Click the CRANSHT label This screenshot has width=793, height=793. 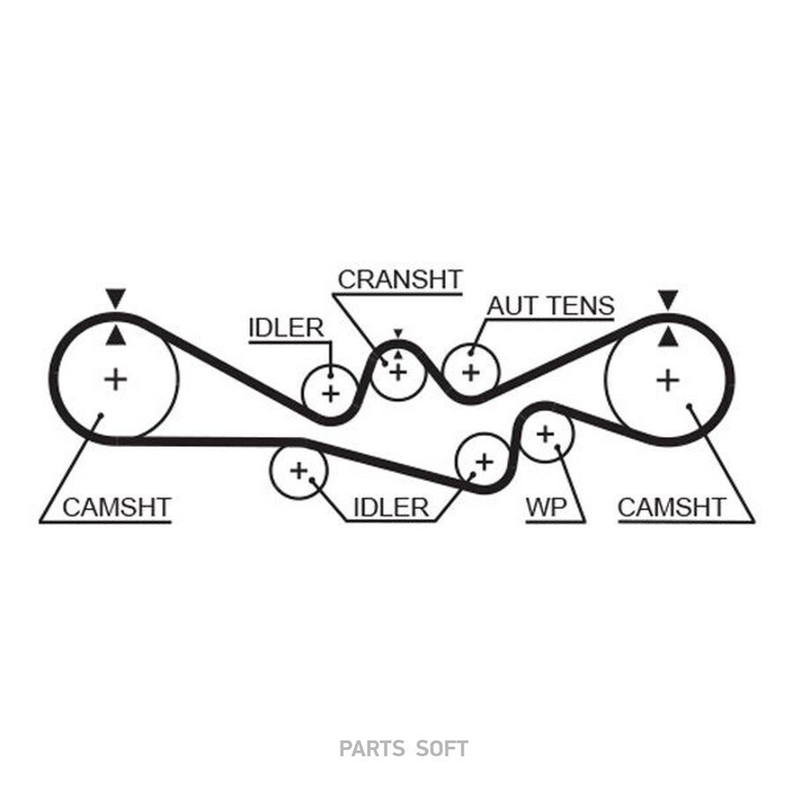(400, 279)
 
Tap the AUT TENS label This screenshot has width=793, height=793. (551, 306)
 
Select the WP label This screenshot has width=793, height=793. (546, 508)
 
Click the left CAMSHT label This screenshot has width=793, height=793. (117, 508)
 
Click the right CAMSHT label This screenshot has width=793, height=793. (671, 508)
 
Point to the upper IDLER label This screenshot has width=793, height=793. (286, 329)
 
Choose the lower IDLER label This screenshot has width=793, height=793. (391, 508)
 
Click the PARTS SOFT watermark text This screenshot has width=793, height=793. (404, 748)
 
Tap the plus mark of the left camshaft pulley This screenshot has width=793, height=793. (115, 379)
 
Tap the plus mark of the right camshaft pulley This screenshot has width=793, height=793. (668, 381)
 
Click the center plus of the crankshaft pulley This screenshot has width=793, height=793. (398, 372)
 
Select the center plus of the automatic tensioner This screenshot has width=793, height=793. (471, 374)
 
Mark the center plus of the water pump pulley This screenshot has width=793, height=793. (545, 434)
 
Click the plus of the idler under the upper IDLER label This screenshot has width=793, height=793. (330, 394)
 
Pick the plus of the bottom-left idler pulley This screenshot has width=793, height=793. (299, 471)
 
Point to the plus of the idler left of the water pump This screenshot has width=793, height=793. (484, 461)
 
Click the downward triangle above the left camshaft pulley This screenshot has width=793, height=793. (115, 298)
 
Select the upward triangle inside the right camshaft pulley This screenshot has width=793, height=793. (668, 337)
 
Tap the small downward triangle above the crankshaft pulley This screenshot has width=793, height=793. (398, 333)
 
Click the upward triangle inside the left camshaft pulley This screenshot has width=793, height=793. (115, 336)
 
